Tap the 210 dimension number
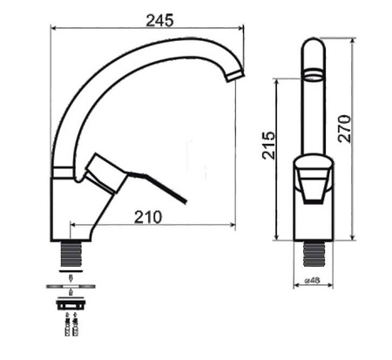pyautogui.click(x=149, y=218)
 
